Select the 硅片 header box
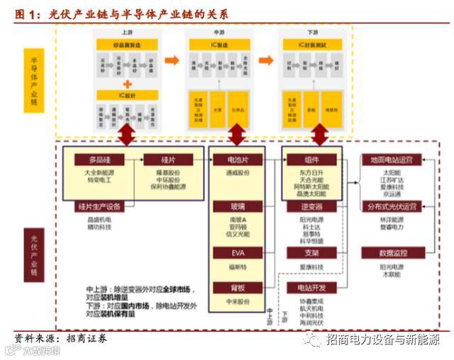[x=168, y=159]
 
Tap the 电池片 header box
[x=236, y=159]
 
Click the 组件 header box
[x=311, y=159]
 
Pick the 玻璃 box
[x=236, y=206]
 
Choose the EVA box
[x=236, y=252]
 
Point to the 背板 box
[x=236, y=288]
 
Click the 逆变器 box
[x=311, y=206]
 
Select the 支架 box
[x=311, y=252]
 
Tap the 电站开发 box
[x=311, y=288]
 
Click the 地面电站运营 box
[x=392, y=159]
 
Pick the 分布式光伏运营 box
[x=392, y=206]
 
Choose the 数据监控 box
[x=392, y=252]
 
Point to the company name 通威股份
[x=236, y=173]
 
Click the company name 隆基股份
[x=168, y=172]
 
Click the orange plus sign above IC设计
[x=127, y=83]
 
